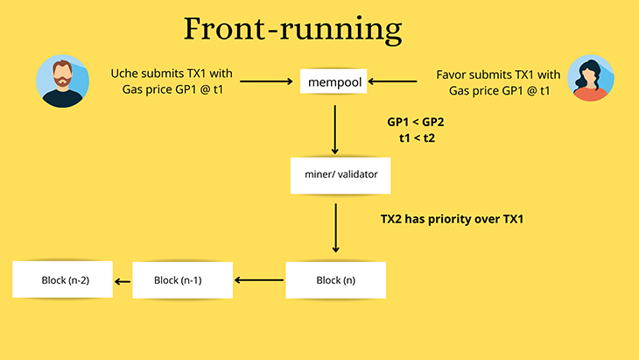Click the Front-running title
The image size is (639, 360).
[x=293, y=30]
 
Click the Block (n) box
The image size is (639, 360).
[x=335, y=280]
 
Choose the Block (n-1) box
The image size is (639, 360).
[x=182, y=280]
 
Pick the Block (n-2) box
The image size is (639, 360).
[x=64, y=280]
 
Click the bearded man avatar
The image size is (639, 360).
[x=62, y=81]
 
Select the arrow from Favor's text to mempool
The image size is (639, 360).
[x=399, y=82]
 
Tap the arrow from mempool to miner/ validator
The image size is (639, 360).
[x=335, y=129]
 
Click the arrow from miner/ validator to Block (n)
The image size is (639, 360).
[x=335, y=229]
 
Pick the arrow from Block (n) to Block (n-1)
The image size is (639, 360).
[x=260, y=280]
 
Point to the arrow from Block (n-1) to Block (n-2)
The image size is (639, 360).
[x=124, y=280]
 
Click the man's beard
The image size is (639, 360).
[x=62, y=88]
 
